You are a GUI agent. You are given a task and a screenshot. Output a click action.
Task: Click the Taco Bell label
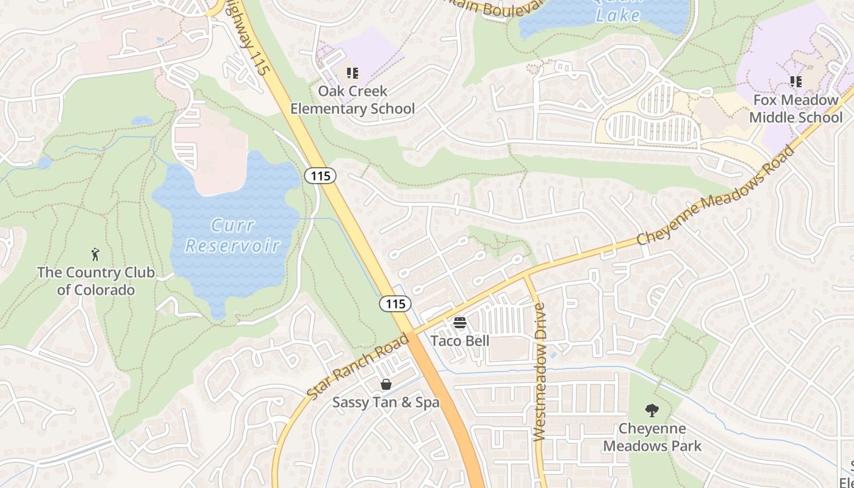pos(460,340)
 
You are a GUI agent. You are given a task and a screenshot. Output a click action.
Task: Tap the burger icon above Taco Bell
pos(460,322)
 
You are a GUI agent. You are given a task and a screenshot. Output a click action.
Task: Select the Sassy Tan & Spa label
pos(386,403)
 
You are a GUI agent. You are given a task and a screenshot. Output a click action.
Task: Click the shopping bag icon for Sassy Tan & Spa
pos(386,384)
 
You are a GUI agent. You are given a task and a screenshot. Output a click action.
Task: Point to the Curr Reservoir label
pos(232,235)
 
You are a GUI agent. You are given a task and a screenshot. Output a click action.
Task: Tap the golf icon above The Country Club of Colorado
pos(95,254)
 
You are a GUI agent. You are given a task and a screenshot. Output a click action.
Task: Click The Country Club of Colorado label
pos(96,281)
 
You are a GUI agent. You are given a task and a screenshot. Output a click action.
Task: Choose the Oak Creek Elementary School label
pos(353,100)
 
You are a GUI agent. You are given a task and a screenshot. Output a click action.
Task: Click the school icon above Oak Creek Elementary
pos(353,73)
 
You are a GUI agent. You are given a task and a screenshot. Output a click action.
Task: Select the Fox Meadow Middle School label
pos(795,109)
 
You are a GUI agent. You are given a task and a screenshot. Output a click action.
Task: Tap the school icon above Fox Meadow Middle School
pos(795,81)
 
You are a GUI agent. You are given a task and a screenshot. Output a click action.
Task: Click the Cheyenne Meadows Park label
pos(652,437)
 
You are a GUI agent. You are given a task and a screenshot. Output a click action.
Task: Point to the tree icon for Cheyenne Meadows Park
pos(652,411)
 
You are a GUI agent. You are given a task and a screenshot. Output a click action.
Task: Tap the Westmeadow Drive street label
pos(539,372)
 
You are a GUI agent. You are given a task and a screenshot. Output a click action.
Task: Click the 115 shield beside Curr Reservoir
pos(320,176)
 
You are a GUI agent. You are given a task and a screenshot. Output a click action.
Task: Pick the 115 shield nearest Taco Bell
pos(395,303)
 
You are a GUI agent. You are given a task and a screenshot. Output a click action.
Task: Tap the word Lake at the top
pos(618,15)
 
